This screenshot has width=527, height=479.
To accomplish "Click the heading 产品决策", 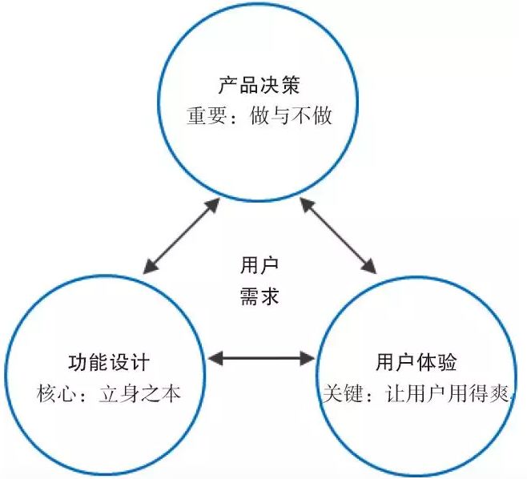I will (258, 85).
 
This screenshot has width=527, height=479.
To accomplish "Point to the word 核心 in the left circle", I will (54, 393).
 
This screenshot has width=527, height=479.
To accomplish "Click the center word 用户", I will (259, 266).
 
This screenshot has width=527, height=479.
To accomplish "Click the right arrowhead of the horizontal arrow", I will (308, 359).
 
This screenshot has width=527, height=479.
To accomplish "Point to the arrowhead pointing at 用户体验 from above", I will (371, 264).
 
